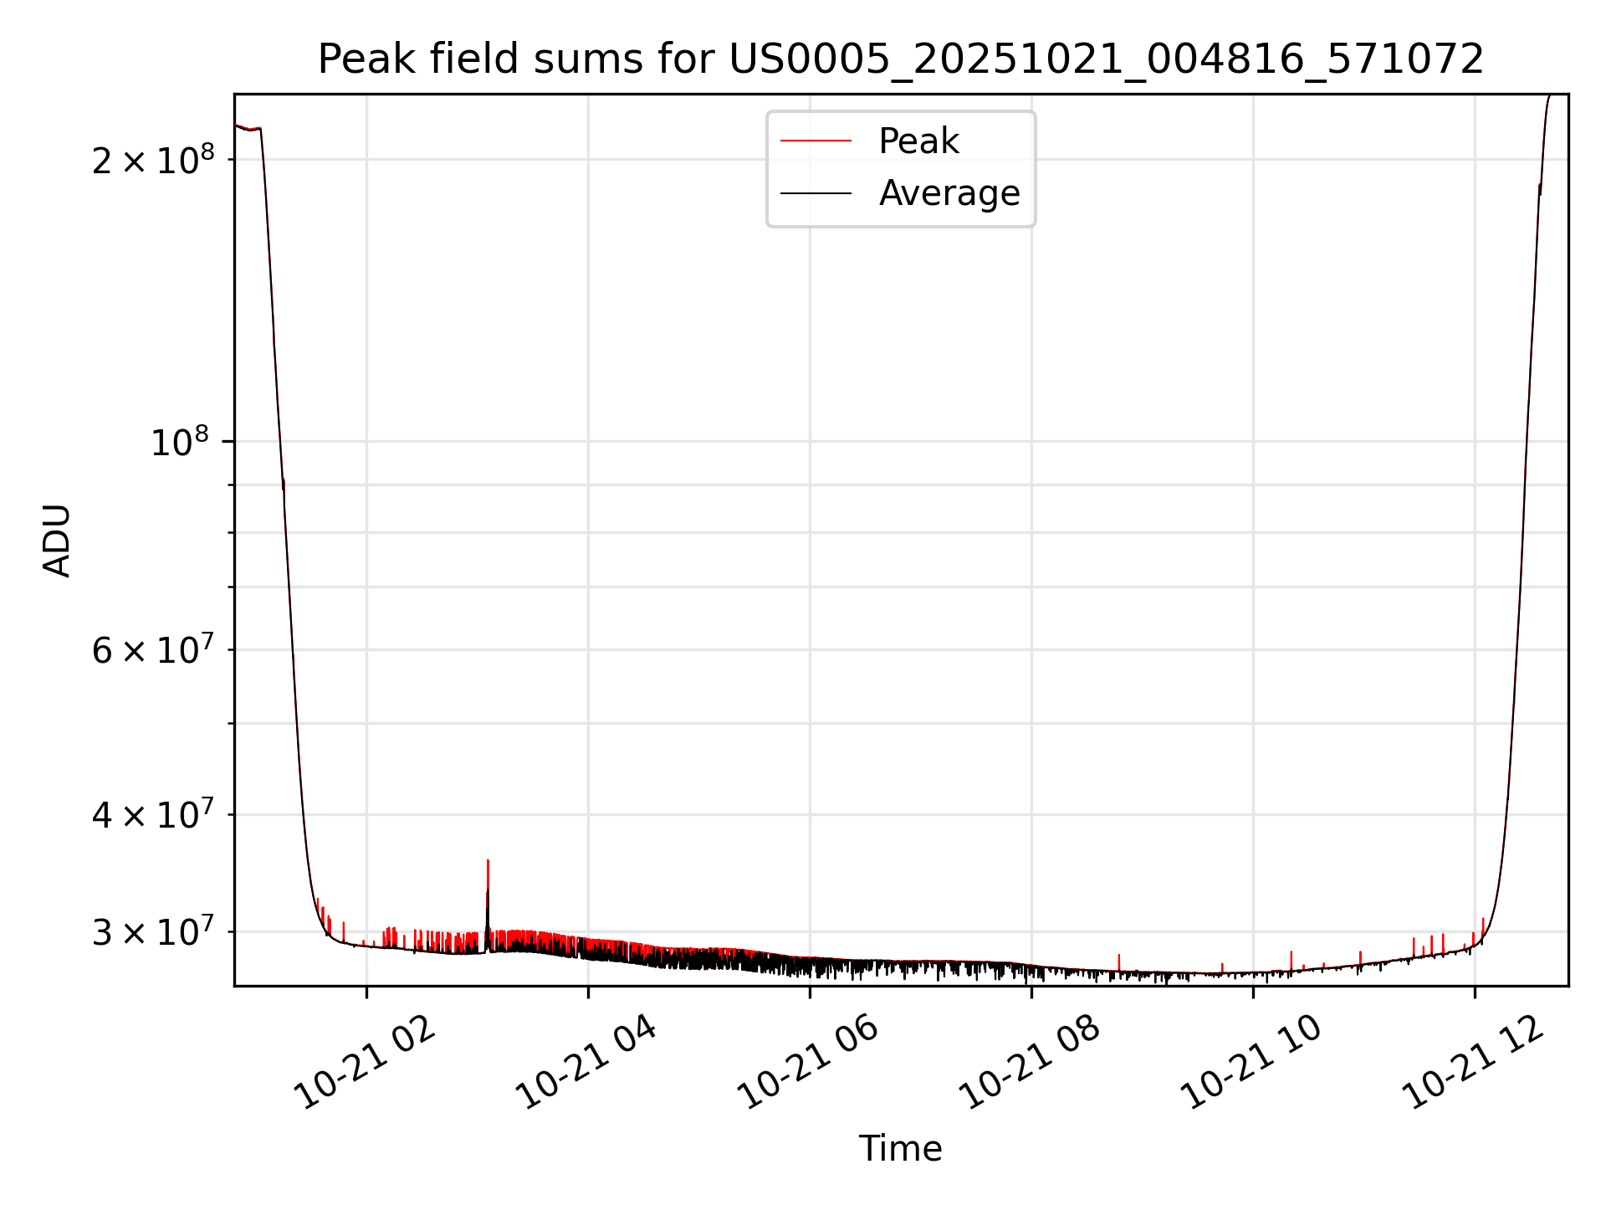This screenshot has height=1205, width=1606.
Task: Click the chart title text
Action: pyautogui.click(x=901, y=59)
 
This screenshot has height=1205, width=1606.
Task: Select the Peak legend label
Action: pyautogui.click(x=918, y=141)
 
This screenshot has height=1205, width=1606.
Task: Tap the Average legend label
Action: pyautogui.click(x=949, y=193)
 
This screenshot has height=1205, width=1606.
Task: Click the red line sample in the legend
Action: pyautogui.click(x=816, y=141)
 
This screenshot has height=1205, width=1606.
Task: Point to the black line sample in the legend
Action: pyautogui.click(x=816, y=193)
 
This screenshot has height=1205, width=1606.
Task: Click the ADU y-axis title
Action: pyautogui.click(x=57, y=540)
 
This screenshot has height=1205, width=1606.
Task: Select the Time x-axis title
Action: pyautogui.click(x=900, y=1149)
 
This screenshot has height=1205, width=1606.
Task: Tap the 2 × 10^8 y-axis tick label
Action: pyautogui.click(x=153, y=160)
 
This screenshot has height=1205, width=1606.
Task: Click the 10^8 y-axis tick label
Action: pyautogui.click(x=179, y=442)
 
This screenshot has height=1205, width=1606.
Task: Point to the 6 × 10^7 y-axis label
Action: pyautogui.click(x=153, y=650)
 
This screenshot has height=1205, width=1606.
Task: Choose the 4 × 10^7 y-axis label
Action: pyautogui.click(x=153, y=814)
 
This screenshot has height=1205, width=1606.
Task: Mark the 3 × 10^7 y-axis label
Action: pyautogui.click(x=153, y=931)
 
